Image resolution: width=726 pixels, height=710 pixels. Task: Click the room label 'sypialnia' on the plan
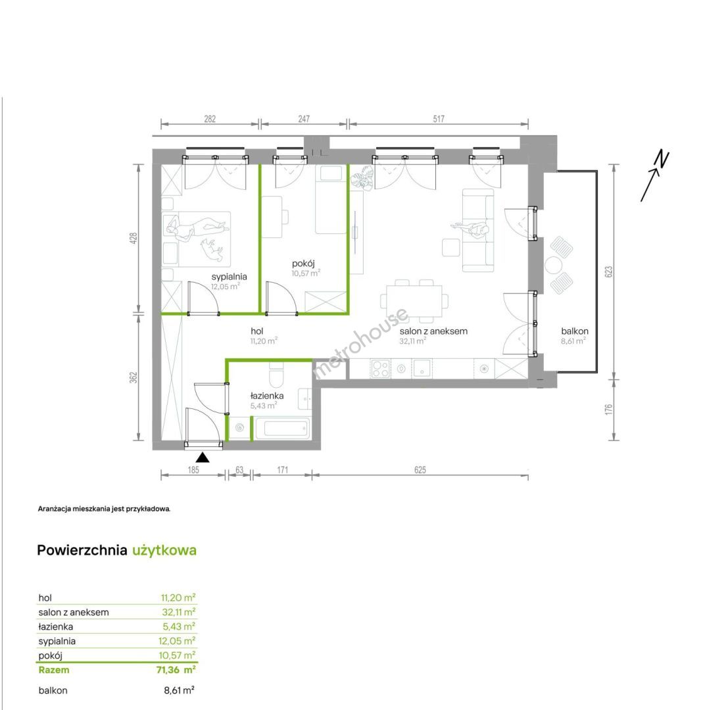pyautogui.click(x=230, y=277)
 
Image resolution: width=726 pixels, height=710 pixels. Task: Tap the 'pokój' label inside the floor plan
pyautogui.click(x=303, y=264)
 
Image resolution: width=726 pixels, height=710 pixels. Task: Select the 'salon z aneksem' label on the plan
pyautogui.click(x=433, y=331)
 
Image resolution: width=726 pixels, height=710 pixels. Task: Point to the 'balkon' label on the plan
pyautogui.click(x=575, y=331)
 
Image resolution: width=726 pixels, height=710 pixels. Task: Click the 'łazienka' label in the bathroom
pyautogui.click(x=267, y=396)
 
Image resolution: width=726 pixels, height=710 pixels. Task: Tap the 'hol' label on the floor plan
pyautogui.click(x=257, y=331)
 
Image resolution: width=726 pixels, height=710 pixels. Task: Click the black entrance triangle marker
pyautogui.click(x=203, y=458)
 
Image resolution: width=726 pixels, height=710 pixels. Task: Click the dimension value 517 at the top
pyautogui.click(x=439, y=119)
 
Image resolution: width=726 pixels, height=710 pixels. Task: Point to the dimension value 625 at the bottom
pyautogui.click(x=420, y=470)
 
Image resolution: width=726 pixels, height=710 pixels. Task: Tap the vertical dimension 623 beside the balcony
pyautogui.click(x=608, y=272)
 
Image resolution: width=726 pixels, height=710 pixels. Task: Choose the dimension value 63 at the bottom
pyautogui.click(x=239, y=470)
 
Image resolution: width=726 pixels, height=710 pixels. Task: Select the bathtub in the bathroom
pyautogui.click(x=282, y=428)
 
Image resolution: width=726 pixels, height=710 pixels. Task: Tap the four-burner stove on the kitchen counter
pyautogui.click(x=381, y=369)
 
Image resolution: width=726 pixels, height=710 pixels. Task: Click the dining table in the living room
pyautogui.click(x=414, y=301)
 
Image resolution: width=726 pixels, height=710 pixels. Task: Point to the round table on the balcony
pyautogui.click(x=553, y=266)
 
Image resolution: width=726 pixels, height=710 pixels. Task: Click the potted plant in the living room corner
pyautogui.click(x=362, y=179)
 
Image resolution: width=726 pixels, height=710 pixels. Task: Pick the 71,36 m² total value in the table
pyautogui.click(x=176, y=670)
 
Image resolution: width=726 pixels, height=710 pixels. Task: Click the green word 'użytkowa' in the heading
pyautogui.click(x=164, y=550)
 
